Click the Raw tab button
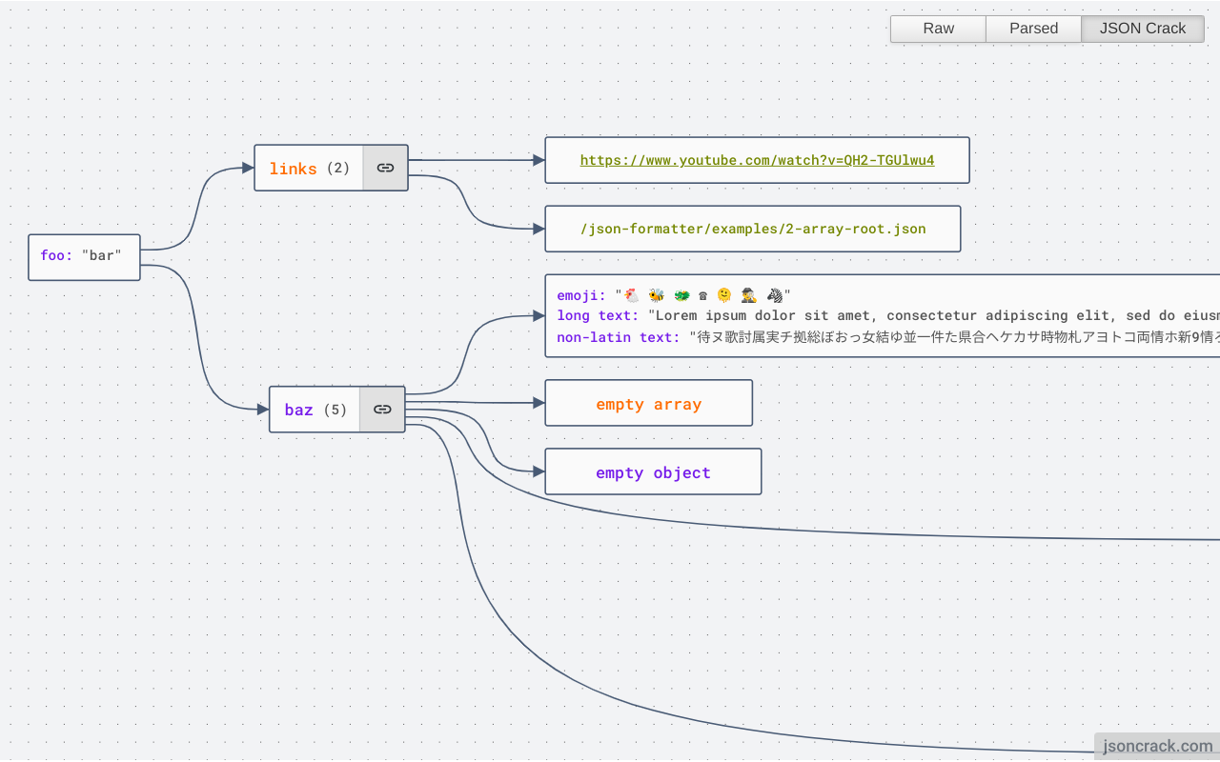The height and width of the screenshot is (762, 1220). [x=938, y=29]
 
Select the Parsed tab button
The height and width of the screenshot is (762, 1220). [x=1033, y=29]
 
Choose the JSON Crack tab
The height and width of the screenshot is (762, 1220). [x=1142, y=29]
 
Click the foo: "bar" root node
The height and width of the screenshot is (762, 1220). [x=84, y=256]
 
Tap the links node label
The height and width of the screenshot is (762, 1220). [x=293, y=169]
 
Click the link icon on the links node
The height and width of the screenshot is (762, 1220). [x=385, y=168]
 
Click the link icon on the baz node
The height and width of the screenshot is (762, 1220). [x=382, y=410]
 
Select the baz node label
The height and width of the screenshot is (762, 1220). [x=298, y=411]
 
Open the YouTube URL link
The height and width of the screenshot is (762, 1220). [x=757, y=160]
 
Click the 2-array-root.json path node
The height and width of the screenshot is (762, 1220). [x=753, y=229]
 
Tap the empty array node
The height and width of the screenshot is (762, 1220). [x=648, y=404]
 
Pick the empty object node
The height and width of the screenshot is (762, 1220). [x=653, y=472]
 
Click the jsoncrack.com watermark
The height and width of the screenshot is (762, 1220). [x=1157, y=747]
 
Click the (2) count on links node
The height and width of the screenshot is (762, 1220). [x=338, y=169]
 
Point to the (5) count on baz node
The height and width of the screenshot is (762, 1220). [x=335, y=411]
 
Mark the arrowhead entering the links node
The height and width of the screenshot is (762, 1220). [x=248, y=168]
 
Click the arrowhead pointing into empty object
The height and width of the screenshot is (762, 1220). [x=539, y=471]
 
